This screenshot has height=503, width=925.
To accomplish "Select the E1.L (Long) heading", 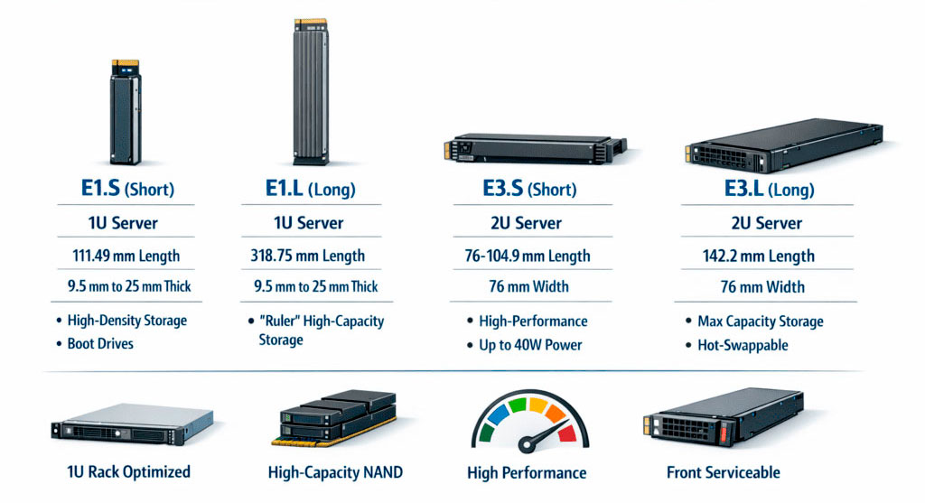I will coord(310,190).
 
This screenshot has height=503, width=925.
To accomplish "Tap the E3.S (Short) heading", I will coord(526,190).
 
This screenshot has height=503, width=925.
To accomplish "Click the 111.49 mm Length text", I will coord(126,256).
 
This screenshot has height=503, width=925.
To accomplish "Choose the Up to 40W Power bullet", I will coord(530,345).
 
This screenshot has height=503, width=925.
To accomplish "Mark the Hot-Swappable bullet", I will coord(743,345).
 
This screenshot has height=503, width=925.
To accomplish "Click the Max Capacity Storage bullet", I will coord(760,321).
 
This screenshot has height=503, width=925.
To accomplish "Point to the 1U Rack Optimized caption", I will coord(129,471).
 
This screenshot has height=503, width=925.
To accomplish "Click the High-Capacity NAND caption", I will coord(335,471).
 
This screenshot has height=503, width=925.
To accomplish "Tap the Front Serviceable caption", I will coord(723,471).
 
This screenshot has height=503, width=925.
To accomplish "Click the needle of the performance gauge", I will coord(541,436).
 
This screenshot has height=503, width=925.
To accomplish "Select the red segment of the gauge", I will coord(565,431).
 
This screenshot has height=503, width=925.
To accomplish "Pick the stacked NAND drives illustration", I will coord(335,417).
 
